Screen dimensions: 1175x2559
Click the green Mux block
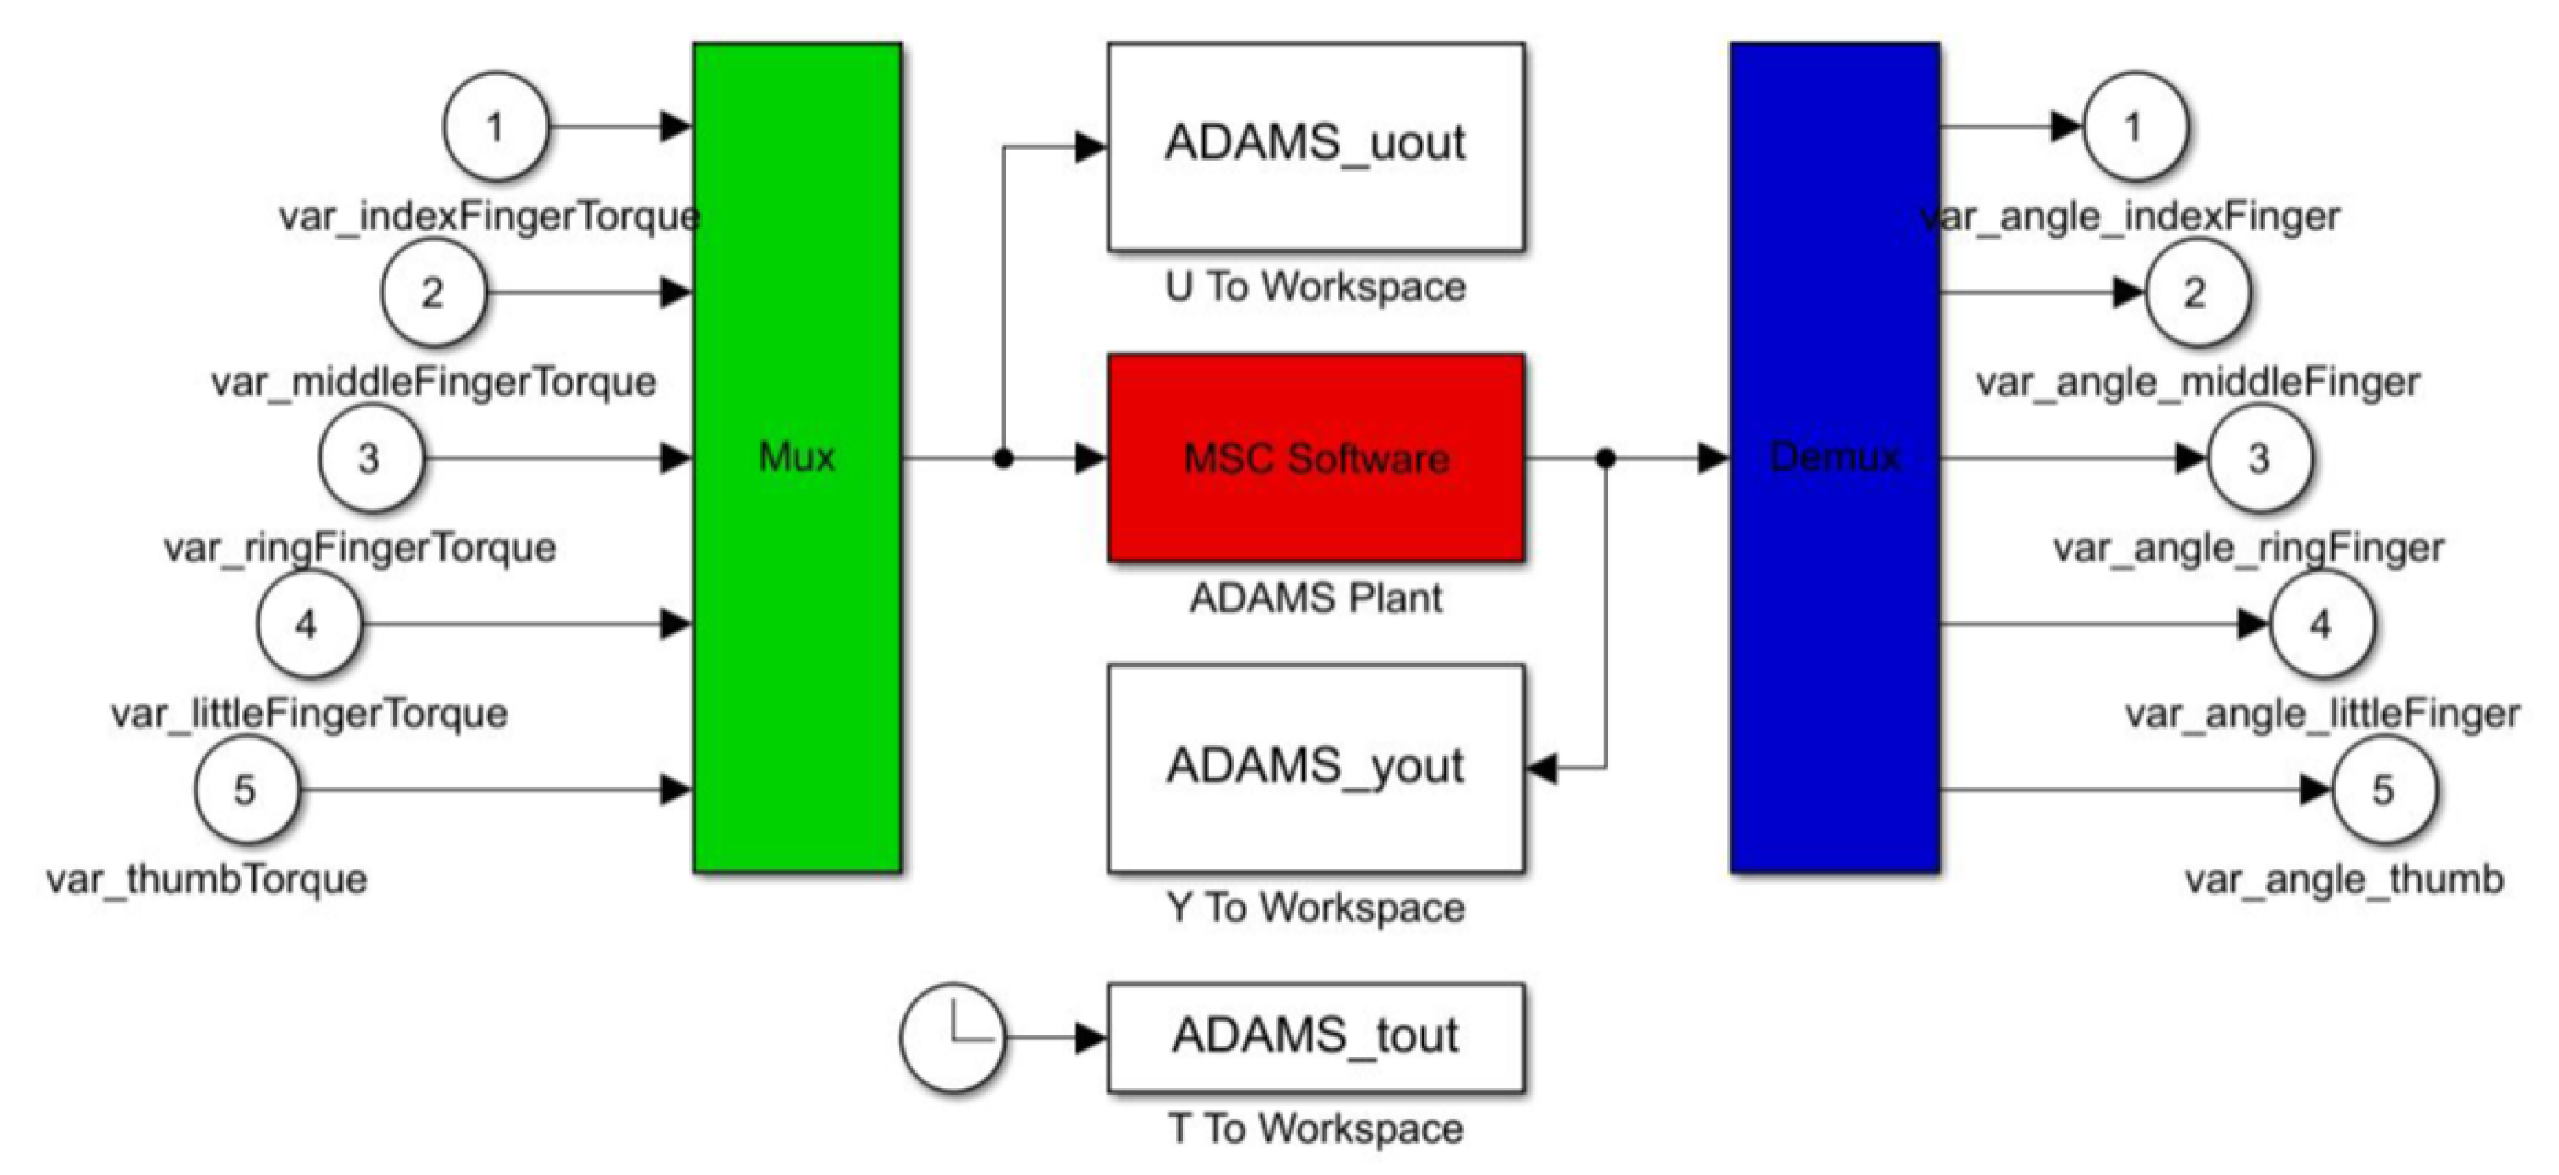tap(796, 457)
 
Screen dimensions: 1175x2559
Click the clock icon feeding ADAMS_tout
tap(951, 1037)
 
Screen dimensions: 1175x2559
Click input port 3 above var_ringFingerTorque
tap(370, 459)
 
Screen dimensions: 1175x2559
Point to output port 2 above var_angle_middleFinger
tap(2195, 293)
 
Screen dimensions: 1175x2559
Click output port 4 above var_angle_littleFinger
tap(2321, 625)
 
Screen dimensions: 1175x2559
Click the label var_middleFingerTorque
tap(434, 382)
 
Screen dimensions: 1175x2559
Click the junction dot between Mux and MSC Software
tap(1003, 459)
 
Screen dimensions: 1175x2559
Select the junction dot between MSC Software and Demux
tap(1605, 459)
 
